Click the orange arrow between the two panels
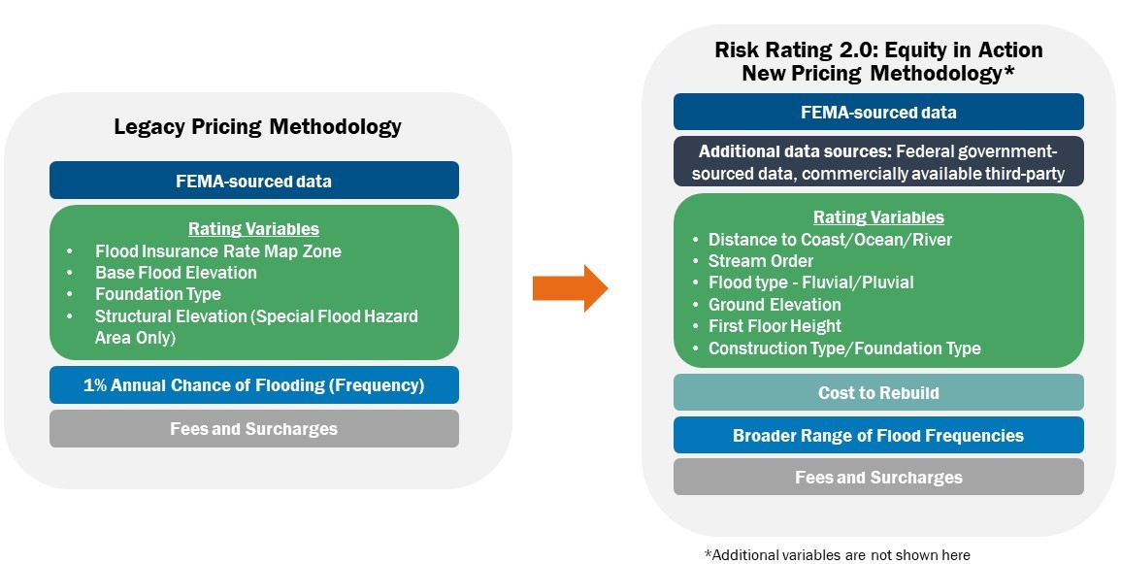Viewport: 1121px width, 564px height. pyautogui.click(x=570, y=288)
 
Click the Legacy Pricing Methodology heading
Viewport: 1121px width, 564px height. pyautogui.click(x=257, y=127)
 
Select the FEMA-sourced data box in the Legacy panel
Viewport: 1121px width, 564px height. pyautogui.click(x=253, y=181)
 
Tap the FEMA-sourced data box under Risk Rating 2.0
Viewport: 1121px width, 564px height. pyautogui.click(x=878, y=113)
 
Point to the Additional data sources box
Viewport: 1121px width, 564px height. pyautogui.click(x=878, y=161)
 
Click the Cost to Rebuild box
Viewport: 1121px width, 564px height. pyautogui.click(x=878, y=392)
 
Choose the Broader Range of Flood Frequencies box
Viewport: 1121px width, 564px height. pyautogui.click(x=878, y=435)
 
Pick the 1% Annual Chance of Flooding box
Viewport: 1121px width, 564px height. pyautogui.click(x=253, y=385)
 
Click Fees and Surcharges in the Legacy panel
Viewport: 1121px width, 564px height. pyautogui.click(x=253, y=429)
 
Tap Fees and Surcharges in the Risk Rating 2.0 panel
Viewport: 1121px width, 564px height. pyautogui.click(x=878, y=478)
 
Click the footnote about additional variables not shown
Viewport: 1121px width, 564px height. pyautogui.click(x=838, y=554)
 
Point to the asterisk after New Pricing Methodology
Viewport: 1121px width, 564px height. pyautogui.click(x=1009, y=70)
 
